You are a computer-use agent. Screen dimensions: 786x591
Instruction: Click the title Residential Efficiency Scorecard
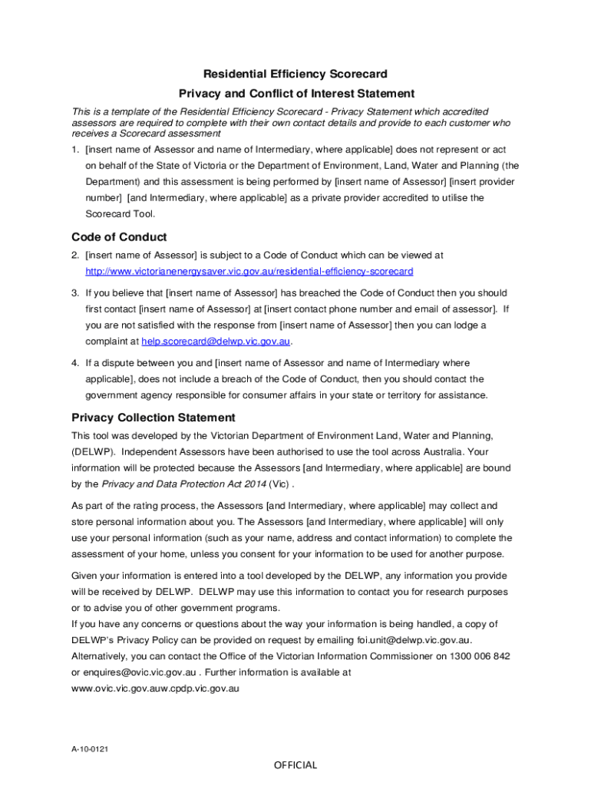coord(295,74)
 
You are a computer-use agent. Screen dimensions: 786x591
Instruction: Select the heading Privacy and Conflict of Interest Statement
coord(296,94)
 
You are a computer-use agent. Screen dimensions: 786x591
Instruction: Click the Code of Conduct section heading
coord(119,237)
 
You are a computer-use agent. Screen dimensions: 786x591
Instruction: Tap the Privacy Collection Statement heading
coord(154,418)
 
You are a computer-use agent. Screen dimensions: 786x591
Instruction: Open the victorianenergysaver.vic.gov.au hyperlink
coord(249,272)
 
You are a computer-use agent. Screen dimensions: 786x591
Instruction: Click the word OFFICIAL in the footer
coord(295,765)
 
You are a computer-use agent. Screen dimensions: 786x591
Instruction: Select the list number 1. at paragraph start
coord(75,149)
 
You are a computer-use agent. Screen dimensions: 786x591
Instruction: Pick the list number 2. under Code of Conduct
coord(75,255)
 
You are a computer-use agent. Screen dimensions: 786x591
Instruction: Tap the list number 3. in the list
coord(75,293)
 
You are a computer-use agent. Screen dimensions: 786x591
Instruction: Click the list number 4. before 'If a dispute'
coord(75,362)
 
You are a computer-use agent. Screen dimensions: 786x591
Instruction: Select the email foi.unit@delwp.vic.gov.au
coord(414,640)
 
